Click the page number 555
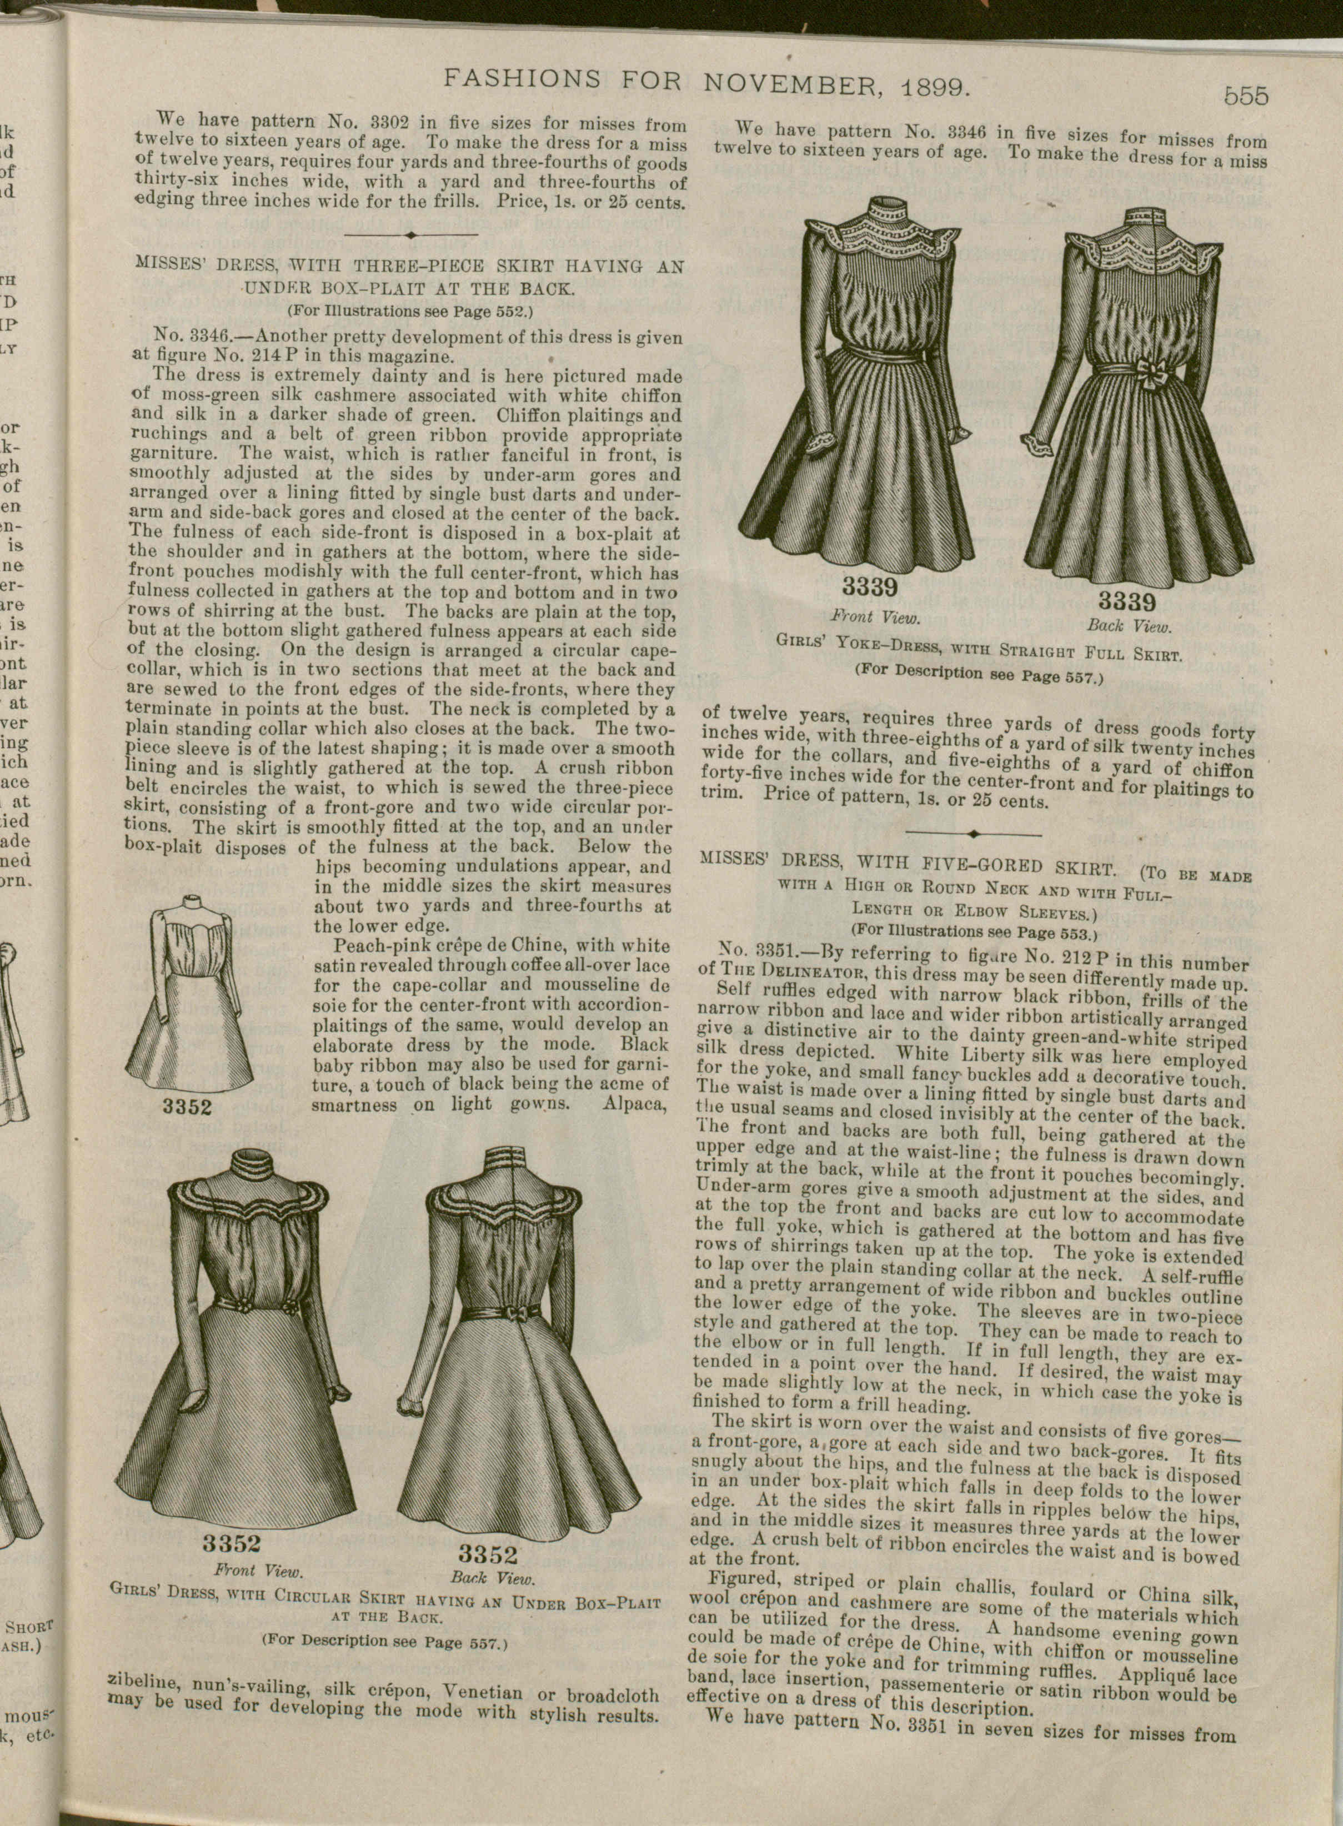(1245, 97)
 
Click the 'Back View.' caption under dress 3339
(1129, 626)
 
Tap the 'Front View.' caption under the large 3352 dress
(258, 1570)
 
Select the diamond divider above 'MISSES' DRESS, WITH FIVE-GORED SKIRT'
(973, 834)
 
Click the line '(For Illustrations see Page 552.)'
(410, 310)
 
